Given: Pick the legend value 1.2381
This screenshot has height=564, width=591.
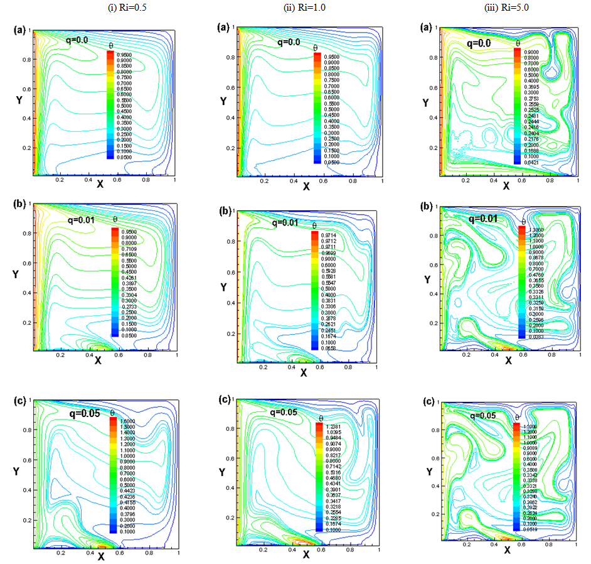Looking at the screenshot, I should coord(333,427).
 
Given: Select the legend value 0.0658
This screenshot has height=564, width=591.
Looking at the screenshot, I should coord(328,347).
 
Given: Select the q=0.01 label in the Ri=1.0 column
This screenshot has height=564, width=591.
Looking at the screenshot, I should coord(285,222).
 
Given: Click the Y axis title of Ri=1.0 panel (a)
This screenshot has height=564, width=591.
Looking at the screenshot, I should coord(223,102).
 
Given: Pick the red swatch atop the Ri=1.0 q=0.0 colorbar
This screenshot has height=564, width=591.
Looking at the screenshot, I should coord(317,56).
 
